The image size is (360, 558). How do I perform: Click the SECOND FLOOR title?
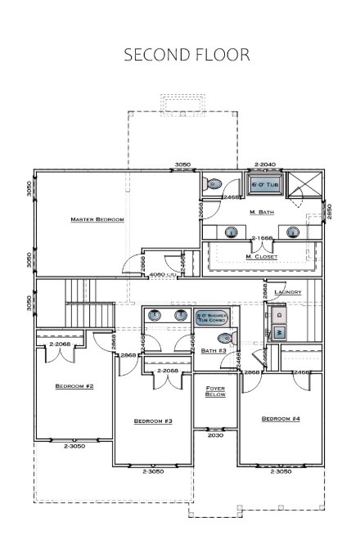(187, 55)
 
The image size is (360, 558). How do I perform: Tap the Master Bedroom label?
(97, 219)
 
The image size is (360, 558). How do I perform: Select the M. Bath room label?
(262, 212)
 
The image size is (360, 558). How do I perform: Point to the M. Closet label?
(262, 256)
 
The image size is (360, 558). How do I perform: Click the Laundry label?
(289, 292)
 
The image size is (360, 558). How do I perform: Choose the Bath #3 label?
(214, 350)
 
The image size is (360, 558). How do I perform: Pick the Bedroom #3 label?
(153, 421)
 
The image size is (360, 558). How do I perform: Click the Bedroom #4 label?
(281, 419)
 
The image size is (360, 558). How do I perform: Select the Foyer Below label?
(215, 390)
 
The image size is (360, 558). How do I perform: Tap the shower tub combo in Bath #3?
(211, 317)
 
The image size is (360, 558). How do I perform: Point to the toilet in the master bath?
(214, 184)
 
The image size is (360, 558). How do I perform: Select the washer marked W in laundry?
(280, 332)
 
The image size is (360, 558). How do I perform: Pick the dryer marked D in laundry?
(280, 313)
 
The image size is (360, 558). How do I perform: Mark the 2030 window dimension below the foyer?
(215, 435)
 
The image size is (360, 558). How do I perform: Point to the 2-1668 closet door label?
(262, 238)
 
